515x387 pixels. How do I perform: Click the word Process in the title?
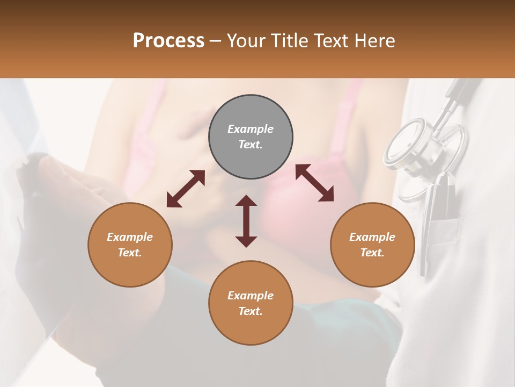pyautogui.click(x=168, y=41)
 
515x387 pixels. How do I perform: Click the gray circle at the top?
pyautogui.click(x=251, y=137)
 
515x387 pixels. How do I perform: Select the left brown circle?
pyautogui.click(x=130, y=245)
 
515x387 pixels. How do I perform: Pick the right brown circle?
pyautogui.click(x=372, y=245)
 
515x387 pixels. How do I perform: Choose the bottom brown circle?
pyautogui.click(x=251, y=303)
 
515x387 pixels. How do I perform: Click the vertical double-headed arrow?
pyautogui.click(x=246, y=221)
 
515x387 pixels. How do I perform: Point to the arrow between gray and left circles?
pyautogui.click(x=186, y=189)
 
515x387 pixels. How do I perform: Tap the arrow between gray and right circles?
pyautogui.click(x=314, y=183)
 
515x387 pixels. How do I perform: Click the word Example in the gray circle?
pyautogui.click(x=251, y=129)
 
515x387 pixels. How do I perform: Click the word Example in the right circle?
pyautogui.click(x=372, y=237)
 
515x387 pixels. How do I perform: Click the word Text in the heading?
pyautogui.click(x=332, y=41)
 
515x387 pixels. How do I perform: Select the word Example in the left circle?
pyautogui.click(x=130, y=237)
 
